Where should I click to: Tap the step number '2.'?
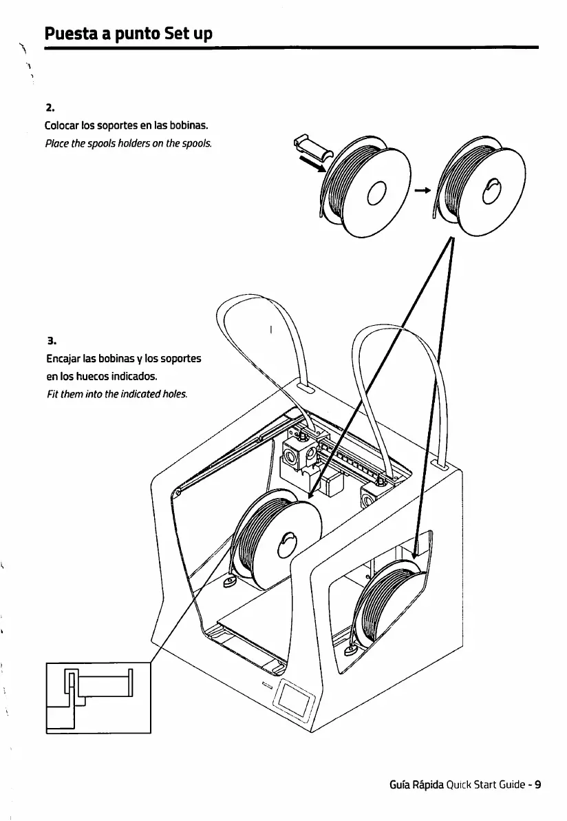coord(49,108)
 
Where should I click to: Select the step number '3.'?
coord(50,340)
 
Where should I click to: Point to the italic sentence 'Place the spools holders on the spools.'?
coord(128,144)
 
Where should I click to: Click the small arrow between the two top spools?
coord(422,191)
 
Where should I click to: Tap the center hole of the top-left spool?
coord(378,193)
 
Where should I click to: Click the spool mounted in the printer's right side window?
coord(389,599)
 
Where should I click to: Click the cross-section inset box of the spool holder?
coord(98,697)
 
